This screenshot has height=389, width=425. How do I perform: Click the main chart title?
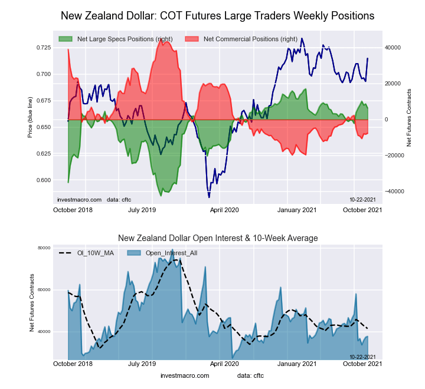coord(217,15)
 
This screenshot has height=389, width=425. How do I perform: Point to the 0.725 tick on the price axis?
coord(43,47)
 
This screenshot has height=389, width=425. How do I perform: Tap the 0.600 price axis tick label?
coord(43,180)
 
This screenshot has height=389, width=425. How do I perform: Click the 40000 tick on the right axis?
coord(393,47)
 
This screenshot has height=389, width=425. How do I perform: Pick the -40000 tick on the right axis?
coord(394,192)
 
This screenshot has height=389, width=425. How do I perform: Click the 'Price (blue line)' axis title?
coord(30,118)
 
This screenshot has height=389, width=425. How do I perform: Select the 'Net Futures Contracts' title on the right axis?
coord(408,118)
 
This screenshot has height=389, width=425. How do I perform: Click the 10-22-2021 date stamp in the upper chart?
coord(364,200)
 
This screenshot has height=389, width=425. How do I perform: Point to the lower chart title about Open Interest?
coord(218,238)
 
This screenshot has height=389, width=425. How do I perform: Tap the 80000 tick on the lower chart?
coord(43,248)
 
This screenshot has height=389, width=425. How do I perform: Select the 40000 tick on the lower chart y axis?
coord(43,332)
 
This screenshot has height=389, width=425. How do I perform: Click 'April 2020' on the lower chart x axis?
coord(224,364)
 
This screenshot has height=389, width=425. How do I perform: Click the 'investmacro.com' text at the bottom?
coord(185,375)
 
